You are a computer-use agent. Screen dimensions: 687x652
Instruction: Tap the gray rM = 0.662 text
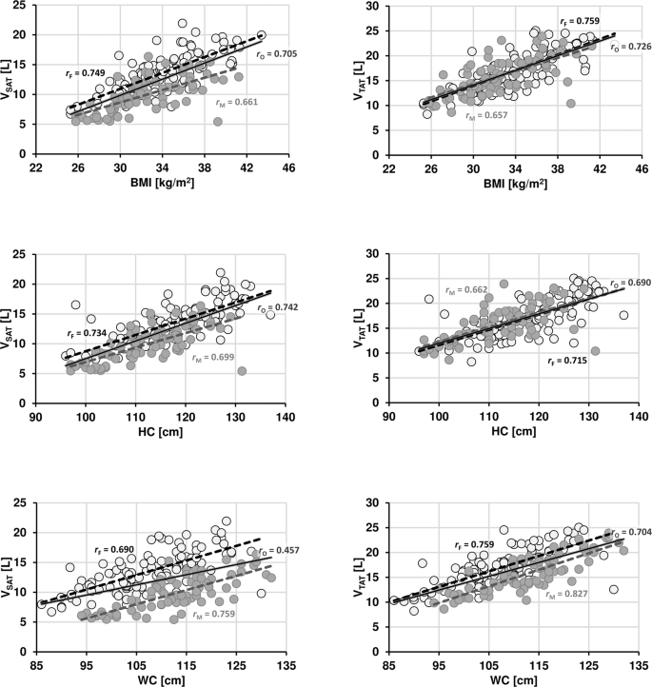point(466,288)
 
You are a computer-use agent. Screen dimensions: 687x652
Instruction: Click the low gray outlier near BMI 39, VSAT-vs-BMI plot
point(218,121)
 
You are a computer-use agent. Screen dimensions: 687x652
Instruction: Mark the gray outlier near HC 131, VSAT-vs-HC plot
point(242,371)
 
